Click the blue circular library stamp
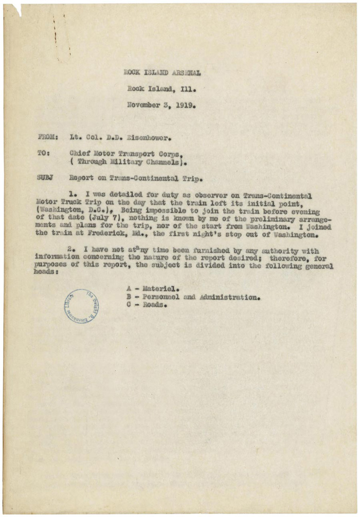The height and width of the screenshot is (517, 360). pyautogui.click(x=82, y=306)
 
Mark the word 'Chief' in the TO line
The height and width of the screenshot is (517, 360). pyautogui.click(x=79, y=153)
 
